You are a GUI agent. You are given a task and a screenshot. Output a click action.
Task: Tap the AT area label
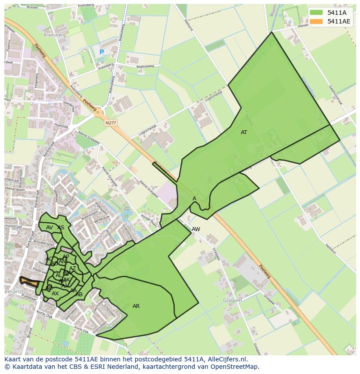[244, 132]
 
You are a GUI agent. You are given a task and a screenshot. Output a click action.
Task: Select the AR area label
[136, 306]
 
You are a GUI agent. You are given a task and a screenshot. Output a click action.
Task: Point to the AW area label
[196, 229]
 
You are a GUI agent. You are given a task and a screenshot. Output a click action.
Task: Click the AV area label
[50, 228]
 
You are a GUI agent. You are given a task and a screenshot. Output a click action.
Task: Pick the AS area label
[61, 228]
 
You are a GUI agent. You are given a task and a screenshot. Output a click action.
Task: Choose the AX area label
[55, 294]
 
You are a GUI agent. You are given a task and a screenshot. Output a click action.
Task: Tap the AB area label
[79, 295]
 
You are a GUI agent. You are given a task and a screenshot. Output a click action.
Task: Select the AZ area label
[73, 269]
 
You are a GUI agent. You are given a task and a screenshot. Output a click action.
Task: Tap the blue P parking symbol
[102, 52]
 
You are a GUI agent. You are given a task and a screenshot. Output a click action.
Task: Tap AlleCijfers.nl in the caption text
[226, 359]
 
